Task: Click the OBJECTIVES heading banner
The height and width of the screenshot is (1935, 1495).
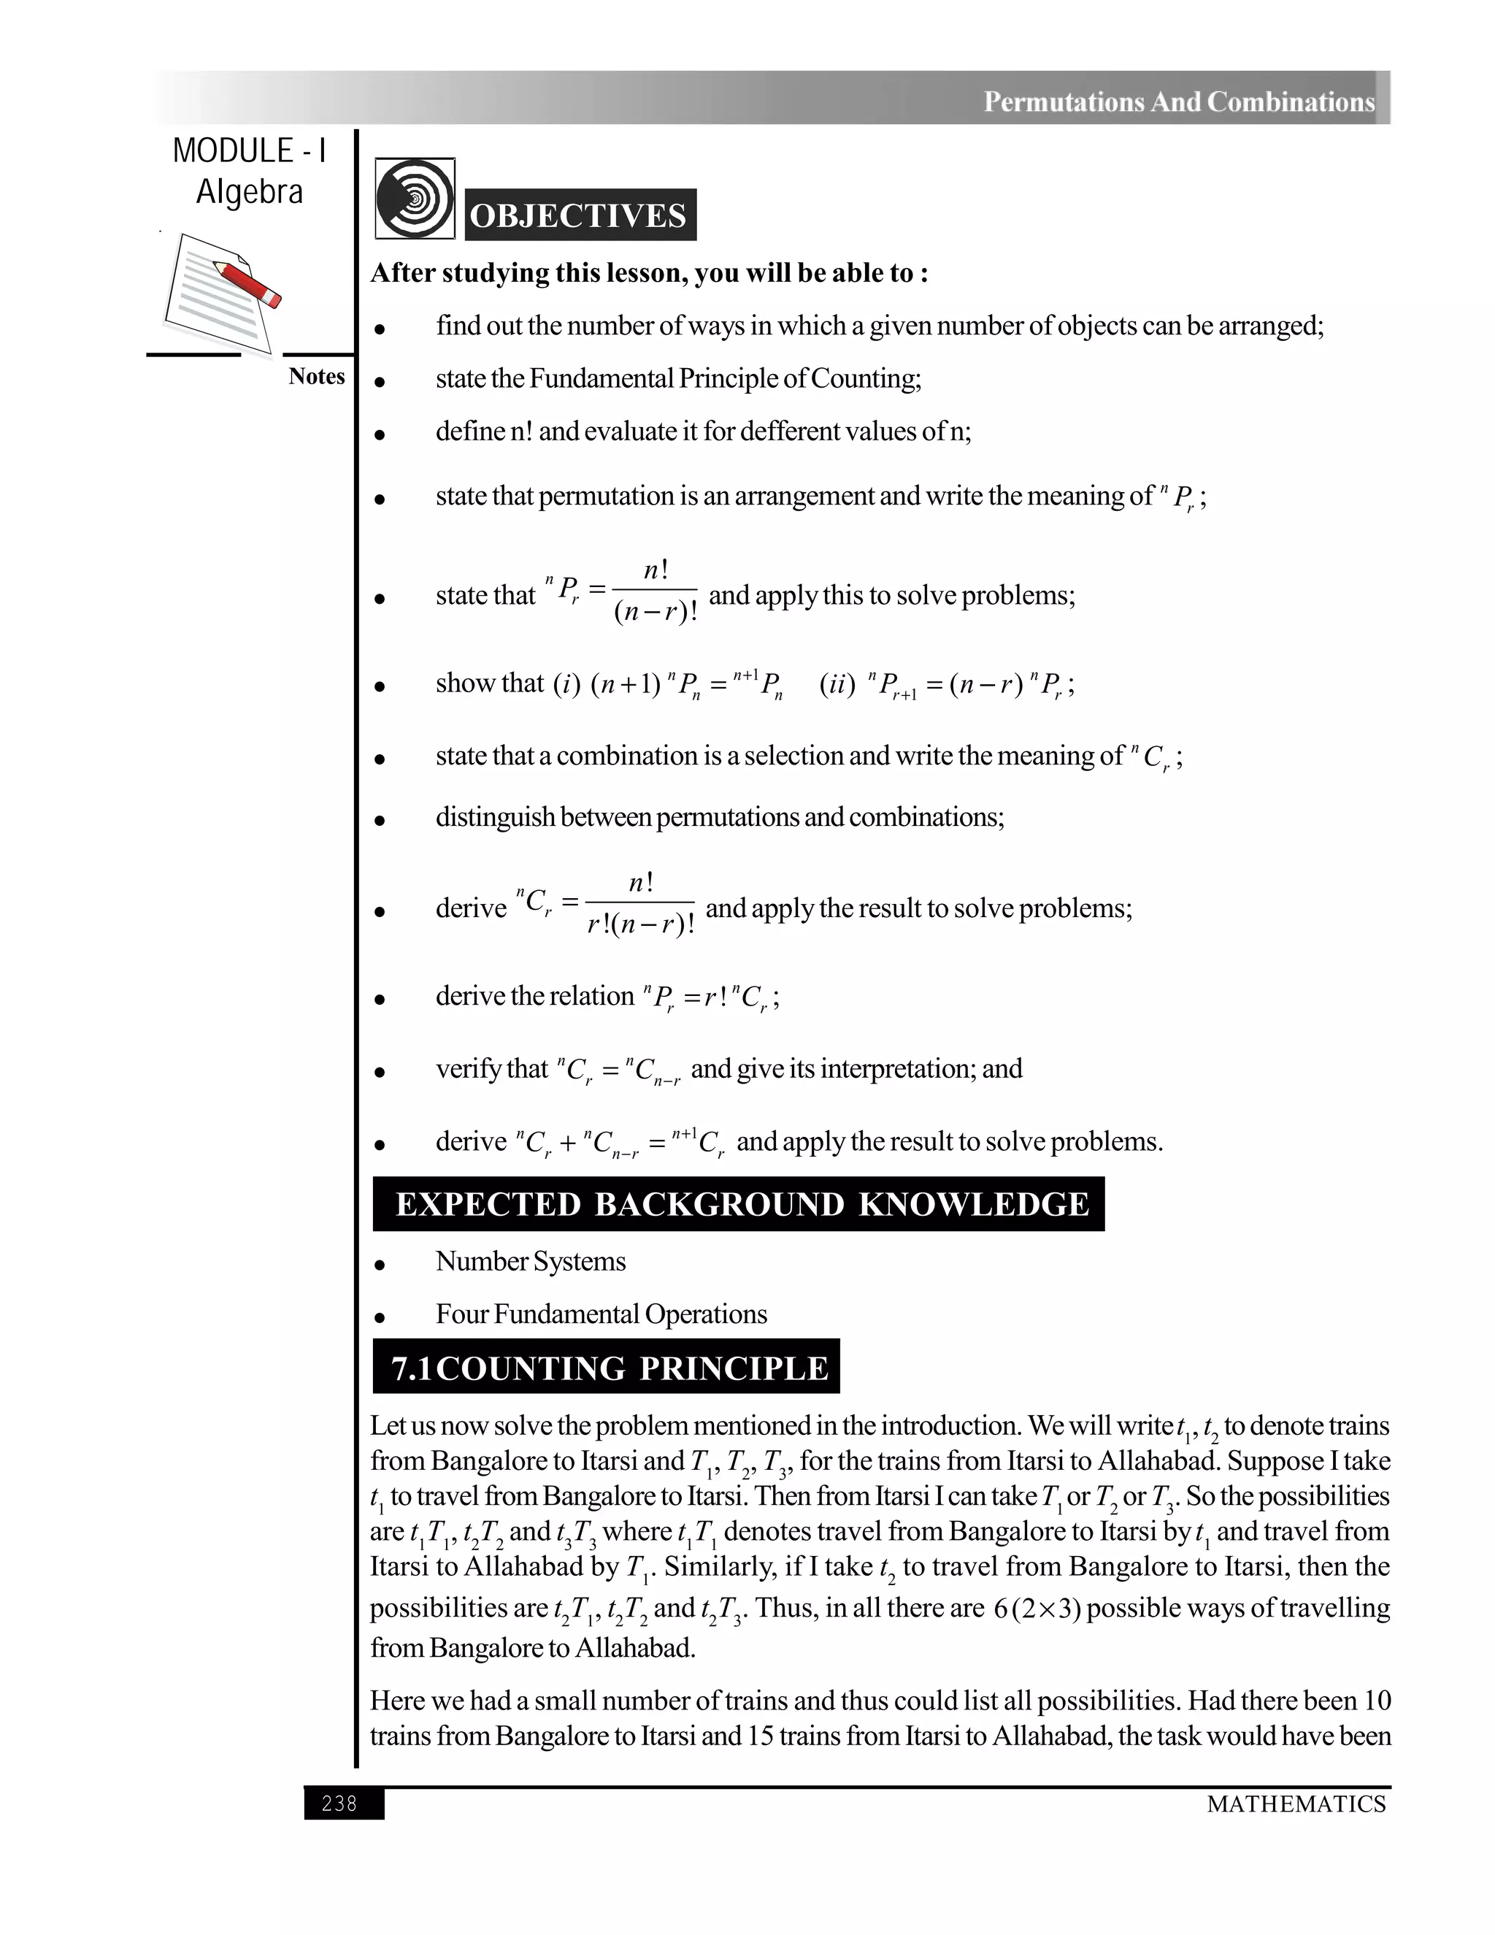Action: [x=579, y=215]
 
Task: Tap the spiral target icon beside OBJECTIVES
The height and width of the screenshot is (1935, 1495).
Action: [x=415, y=199]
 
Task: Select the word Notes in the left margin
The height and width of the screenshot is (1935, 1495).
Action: [x=316, y=377]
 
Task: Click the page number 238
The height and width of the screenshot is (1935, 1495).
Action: [x=340, y=1803]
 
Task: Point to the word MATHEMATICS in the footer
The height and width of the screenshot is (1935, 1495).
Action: [x=1296, y=1804]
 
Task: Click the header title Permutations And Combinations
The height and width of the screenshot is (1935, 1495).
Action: [x=1179, y=102]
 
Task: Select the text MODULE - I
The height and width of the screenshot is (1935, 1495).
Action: [x=250, y=151]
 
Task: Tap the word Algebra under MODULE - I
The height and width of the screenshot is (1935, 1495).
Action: [x=250, y=192]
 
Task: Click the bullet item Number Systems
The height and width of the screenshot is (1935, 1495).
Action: [x=531, y=1262]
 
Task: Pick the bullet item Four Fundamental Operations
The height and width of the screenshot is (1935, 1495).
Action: [x=602, y=1314]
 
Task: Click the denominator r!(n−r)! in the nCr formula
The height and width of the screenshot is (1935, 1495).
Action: [x=640, y=926]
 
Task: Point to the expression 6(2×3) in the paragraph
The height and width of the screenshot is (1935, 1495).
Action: [x=1037, y=1608]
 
